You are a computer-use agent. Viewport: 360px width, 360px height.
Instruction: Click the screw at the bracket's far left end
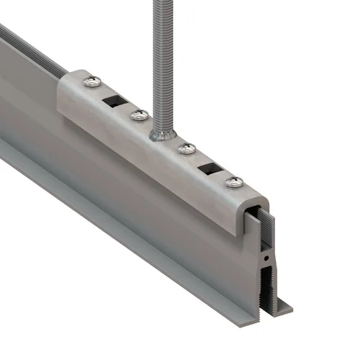[92, 84]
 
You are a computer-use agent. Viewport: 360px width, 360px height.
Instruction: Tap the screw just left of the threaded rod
[140, 114]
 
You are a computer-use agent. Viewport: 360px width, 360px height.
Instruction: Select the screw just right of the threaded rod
[186, 148]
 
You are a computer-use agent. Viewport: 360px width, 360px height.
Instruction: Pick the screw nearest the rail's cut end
[233, 183]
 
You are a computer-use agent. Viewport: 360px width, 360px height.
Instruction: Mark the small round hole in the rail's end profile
[267, 257]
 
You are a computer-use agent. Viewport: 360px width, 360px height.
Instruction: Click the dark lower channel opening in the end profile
[267, 288]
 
